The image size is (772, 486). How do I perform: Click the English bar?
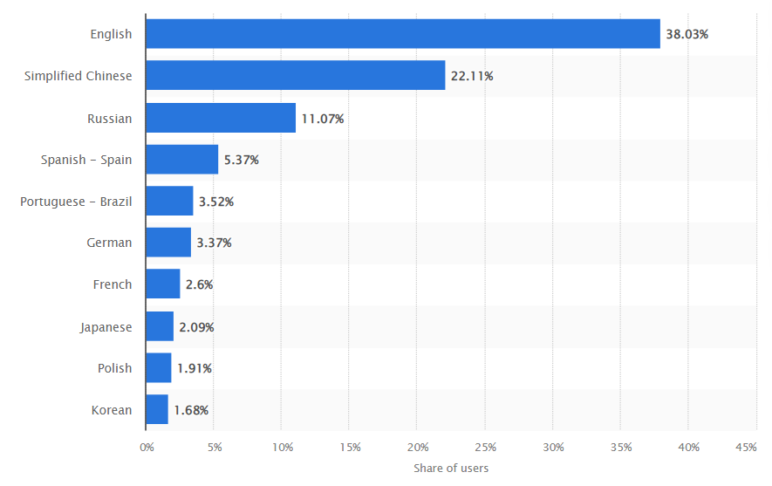(x=402, y=34)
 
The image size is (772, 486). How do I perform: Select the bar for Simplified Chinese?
(x=295, y=76)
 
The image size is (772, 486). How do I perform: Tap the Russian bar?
(x=221, y=118)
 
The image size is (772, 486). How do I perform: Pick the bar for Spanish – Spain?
(x=181, y=160)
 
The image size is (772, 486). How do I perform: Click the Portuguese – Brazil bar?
(x=169, y=202)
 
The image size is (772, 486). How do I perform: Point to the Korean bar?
(x=157, y=409)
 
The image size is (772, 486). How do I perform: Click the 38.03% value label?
(x=687, y=35)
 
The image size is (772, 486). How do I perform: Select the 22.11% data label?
(x=472, y=77)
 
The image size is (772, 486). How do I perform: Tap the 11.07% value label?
(x=323, y=119)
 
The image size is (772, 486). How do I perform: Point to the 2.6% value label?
(x=200, y=284)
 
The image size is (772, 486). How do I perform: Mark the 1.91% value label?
(x=195, y=368)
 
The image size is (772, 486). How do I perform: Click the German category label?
(x=109, y=243)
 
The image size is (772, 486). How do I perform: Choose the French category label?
(x=113, y=284)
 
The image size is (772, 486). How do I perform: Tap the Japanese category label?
(x=106, y=327)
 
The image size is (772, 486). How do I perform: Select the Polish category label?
(x=115, y=368)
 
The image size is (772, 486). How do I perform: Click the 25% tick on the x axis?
(x=486, y=447)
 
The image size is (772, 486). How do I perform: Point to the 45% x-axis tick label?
(x=746, y=447)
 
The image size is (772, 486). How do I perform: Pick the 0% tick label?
(x=147, y=447)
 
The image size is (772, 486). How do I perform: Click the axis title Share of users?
(x=451, y=468)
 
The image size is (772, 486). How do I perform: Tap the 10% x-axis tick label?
(x=282, y=447)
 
